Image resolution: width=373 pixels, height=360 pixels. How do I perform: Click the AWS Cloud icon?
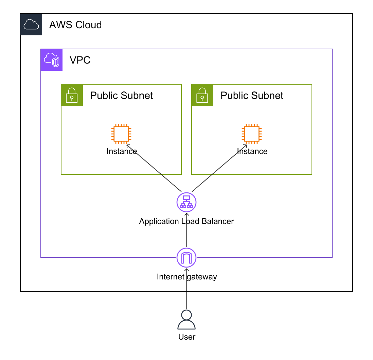[x=31, y=24]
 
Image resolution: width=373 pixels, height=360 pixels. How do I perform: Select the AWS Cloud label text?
[x=75, y=25]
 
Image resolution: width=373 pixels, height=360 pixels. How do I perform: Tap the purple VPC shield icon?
[x=52, y=60]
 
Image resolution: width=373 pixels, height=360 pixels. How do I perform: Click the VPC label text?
[x=80, y=60]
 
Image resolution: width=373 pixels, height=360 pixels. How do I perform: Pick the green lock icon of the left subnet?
[x=72, y=95]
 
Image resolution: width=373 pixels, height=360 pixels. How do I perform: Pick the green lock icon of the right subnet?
[x=202, y=95]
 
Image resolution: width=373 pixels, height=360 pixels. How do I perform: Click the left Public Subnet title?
[x=121, y=96]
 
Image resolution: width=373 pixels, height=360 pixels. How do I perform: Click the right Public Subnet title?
[x=252, y=96]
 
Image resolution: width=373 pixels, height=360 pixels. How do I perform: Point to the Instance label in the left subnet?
[x=121, y=151]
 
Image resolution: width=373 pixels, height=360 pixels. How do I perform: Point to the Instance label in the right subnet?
[x=252, y=151]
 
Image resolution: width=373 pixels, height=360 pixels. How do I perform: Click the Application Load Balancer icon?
[x=187, y=202]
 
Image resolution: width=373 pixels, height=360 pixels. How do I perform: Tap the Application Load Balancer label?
[x=186, y=221]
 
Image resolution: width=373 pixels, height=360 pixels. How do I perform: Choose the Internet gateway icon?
[x=187, y=258]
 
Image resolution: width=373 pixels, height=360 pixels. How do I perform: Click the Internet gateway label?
[x=186, y=277]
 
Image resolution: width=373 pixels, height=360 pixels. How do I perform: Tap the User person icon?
[x=186, y=320]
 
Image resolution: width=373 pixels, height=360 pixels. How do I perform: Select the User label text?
[x=186, y=337]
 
